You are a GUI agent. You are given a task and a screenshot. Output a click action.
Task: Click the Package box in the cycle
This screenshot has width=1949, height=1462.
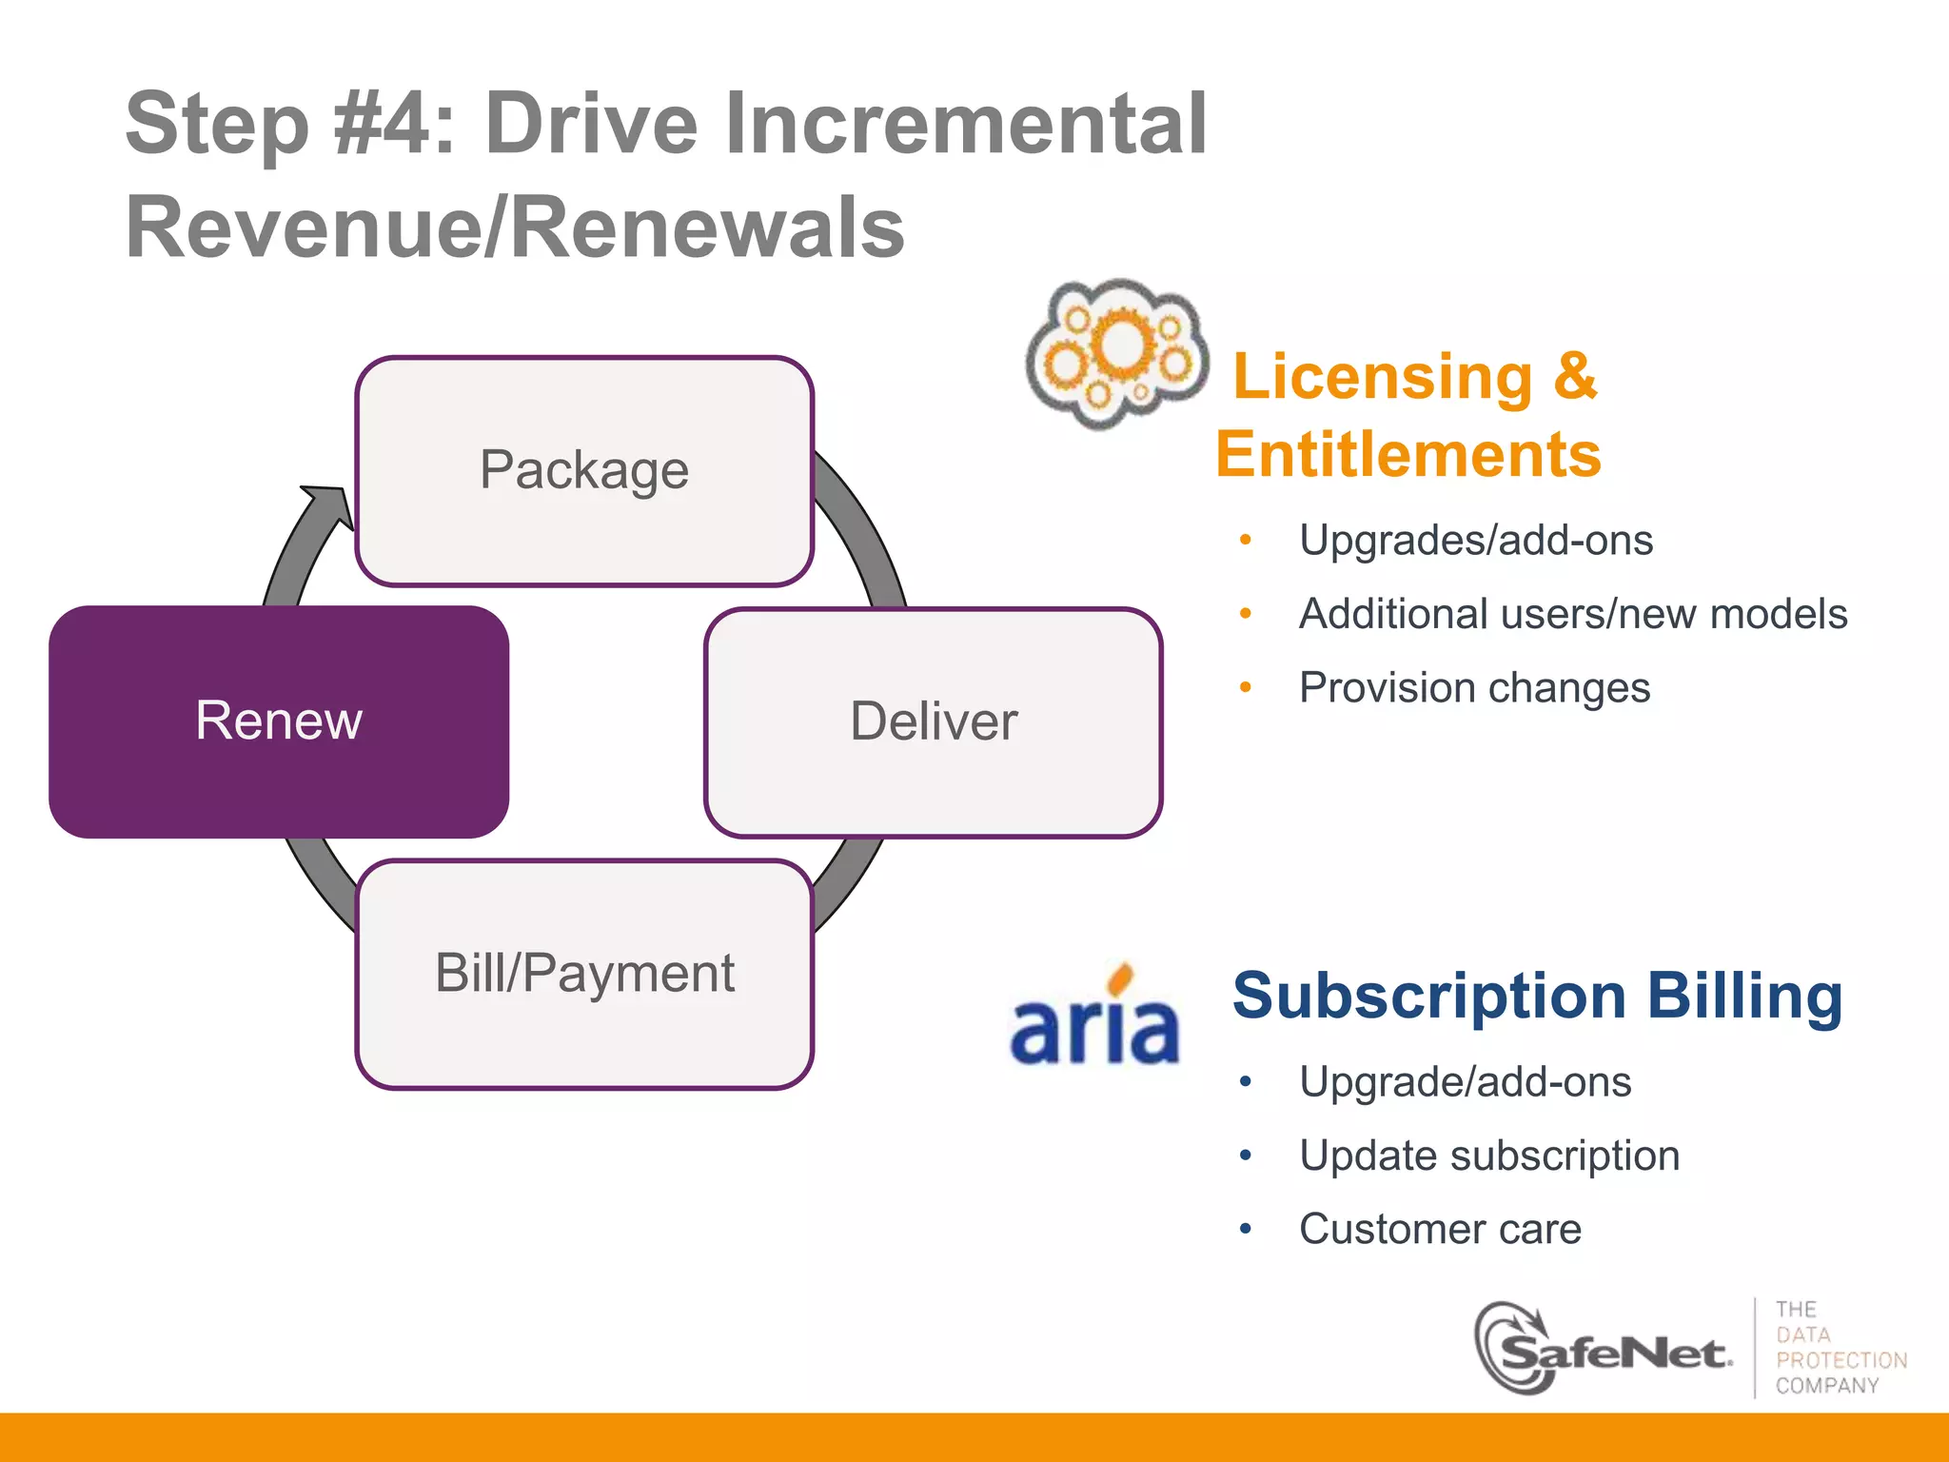tap(583, 470)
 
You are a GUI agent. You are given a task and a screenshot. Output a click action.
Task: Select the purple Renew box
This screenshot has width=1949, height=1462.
tap(279, 721)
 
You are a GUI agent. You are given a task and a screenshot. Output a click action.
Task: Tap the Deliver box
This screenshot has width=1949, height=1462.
tap(933, 721)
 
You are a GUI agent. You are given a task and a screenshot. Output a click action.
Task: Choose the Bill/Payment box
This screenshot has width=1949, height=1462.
tap(583, 974)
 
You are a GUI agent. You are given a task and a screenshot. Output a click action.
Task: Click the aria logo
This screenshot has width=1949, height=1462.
tap(1094, 1018)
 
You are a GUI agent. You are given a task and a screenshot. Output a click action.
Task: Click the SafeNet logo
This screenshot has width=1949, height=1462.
tap(1608, 1350)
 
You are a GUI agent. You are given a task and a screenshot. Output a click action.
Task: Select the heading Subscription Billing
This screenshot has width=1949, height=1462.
tap(1537, 996)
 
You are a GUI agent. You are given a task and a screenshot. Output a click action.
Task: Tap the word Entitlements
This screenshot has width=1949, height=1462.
tap(1408, 455)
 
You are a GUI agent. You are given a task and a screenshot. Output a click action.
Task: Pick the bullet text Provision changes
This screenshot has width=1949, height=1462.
tap(1474, 688)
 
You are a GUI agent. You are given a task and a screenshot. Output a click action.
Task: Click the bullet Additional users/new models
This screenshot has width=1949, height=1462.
tap(1572, 614)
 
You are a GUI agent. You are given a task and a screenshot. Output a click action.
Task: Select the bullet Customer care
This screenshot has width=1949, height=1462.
tap(1440, 1229)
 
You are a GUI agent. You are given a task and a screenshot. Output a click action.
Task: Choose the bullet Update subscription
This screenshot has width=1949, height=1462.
tap(1489, 1156)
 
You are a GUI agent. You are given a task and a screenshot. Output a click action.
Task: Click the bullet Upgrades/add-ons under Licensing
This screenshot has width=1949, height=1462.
tap(1476, 541)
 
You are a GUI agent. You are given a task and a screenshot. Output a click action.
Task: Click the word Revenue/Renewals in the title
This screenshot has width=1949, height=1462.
tap(515, 228)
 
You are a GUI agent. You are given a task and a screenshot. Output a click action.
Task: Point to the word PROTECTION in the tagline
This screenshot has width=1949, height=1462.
tap(1841, 1360)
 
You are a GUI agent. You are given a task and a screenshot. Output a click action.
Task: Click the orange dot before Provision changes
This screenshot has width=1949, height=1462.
tap(1245, 687)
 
